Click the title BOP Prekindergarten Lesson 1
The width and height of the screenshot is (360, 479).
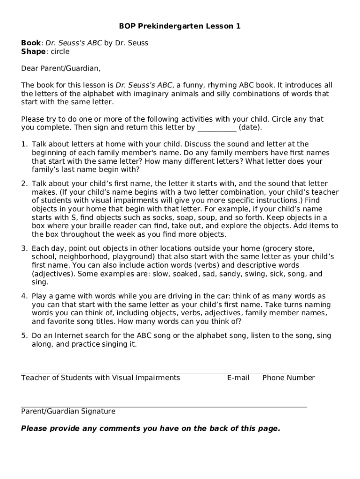180,26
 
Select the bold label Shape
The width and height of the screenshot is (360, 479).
33,51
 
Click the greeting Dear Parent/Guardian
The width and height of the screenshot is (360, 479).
61,68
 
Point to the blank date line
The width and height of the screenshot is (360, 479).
217,127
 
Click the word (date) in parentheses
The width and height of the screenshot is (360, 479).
250,127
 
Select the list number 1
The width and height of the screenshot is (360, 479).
23,144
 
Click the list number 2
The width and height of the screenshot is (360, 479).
23,184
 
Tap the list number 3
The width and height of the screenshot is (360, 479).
23,248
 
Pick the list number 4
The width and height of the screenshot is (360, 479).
23,296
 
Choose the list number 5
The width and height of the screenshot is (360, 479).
23,335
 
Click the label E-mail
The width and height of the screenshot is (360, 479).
238,377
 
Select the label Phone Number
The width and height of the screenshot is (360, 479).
288,377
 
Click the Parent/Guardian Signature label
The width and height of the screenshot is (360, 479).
68,411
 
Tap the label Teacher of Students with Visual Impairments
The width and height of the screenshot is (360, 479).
101,377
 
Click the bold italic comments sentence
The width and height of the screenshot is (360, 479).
151,428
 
